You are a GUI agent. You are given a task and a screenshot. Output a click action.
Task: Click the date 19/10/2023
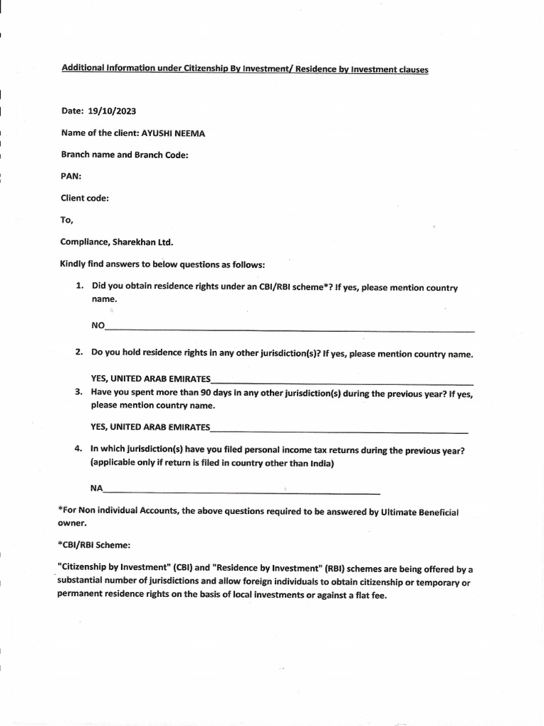(x=112, y=111)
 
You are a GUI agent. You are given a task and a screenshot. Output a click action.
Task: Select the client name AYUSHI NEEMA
(x=174, y=133)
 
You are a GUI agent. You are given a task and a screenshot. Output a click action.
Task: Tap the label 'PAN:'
(x=71, y=177)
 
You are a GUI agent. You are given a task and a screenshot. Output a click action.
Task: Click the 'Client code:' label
(x=84, y=199)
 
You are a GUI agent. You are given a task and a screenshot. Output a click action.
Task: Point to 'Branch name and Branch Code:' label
(x=124, y=155)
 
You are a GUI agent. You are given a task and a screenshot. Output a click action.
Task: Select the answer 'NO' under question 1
(x=98, y=326)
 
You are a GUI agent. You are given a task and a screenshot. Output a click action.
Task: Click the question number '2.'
(x=80, y=353)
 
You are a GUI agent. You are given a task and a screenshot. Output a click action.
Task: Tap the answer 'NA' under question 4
(x=96, y=488)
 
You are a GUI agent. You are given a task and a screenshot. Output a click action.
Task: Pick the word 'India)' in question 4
(x=321, y=464)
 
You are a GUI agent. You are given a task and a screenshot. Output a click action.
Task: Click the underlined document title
(x=244, y=69)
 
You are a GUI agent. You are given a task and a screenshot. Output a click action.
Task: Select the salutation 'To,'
(x=67, y=220)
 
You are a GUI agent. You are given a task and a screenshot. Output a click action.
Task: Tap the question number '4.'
(x=79, y=449)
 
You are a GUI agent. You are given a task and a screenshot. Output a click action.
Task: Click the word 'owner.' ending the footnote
(x=72, y=523)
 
